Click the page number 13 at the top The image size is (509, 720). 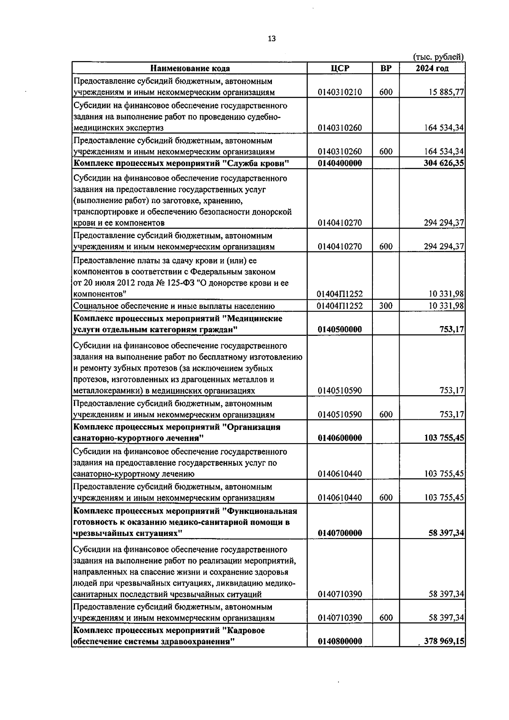pyautogui.click(x=272, y=39)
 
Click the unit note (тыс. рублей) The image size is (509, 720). pyautogui.click(x=438, y=57)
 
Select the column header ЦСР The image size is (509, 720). pyautogui.click(x=340, y=68)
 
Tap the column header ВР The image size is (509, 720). pyautogui.click(x=386, y=68)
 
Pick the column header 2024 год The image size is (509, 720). pyautogui.click(x=432, y=68)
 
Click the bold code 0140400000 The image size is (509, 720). pyautogui.click(x=340, y=163)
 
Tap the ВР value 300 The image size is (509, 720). pyautogui.click(x=386, y=306)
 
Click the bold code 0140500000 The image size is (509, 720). pyautogui.click(x=340, y=329)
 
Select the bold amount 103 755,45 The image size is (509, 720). pyautogui.click(x=444, y=438)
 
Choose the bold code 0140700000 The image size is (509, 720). pyautogui.click(x=340, y=533)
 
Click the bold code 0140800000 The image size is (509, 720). pyautogui.click(x=340, y=642)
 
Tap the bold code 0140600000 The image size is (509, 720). pyautogui.click(x=340, y=438)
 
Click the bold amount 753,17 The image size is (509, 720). pyautogui.click(x=452, y=329)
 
